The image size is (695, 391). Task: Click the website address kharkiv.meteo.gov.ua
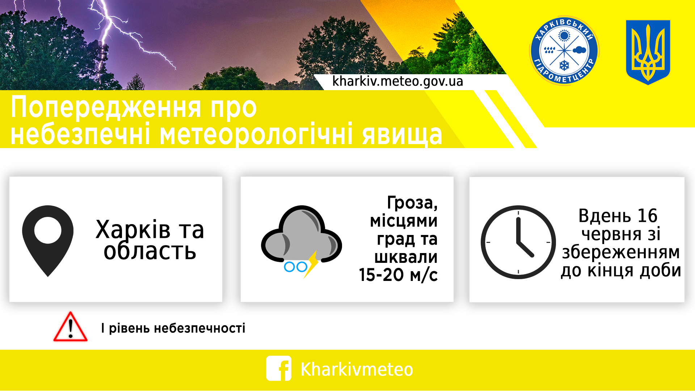(x=397, y=81)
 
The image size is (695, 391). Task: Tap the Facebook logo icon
(x=278, y=369)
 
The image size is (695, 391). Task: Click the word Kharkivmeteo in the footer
(x=357, y=369)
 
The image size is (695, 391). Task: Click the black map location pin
(x=48, y=239)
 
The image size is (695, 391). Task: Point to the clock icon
(x=518, y=242)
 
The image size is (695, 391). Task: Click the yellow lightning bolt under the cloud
(x=312, y=264)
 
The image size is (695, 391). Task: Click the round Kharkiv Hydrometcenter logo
(x=564, y=51)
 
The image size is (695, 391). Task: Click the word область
(x=150, y=251)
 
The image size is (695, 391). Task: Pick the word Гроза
(x=412, y=203)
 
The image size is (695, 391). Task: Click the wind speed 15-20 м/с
(x=398, y=275)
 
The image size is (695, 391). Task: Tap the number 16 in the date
(x=647, y=216)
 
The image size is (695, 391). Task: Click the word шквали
(x=406, y=257)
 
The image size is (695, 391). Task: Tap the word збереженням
(x=620, y=252)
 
